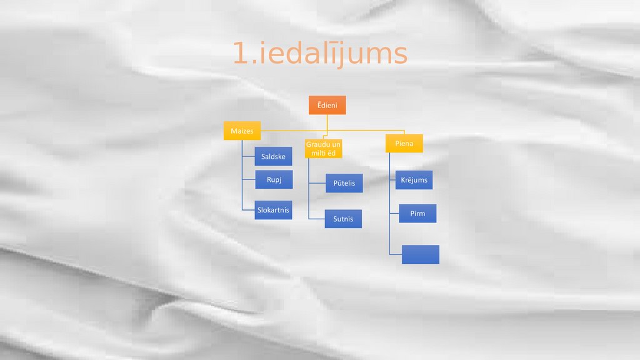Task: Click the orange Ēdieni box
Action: pyautogui.click(x=327, y=105)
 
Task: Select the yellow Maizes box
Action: pyautogui.click(x=242, y=131)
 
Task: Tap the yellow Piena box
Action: pyautogui.click(x=404, y=144)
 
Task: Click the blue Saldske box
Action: pyautogui.click(x=273, y=156)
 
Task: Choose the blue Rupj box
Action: pyautogui.click(x=274, y=179)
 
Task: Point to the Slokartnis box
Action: pyautogui.click(x=273, y=210)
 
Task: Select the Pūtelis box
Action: pyautogui.click(x=344, y=183)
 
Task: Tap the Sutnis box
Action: pyautogui.click(x=343, y=219)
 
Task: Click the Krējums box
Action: pyautogui.click(x=414, y=180)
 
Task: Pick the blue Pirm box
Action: pyautogui.click(x=417, y=214)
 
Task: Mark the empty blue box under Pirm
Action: pyautogui.click(x=420, y=254)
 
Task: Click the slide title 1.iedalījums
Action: pyautogui.click(x=320, y=54)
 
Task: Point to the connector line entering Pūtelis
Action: pyautogui.click(x=317, y=183)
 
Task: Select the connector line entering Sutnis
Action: pyautogui.click(x=317, y=219)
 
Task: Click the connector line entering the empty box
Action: pyautogui.click(x=396, y=254)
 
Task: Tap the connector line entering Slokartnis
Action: pyautogui.click(x=249, y=210)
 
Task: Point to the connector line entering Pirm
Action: pyautogui.click(x=394, y=214)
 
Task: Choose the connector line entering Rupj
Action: pyautogui.click(x=249, y=180)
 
